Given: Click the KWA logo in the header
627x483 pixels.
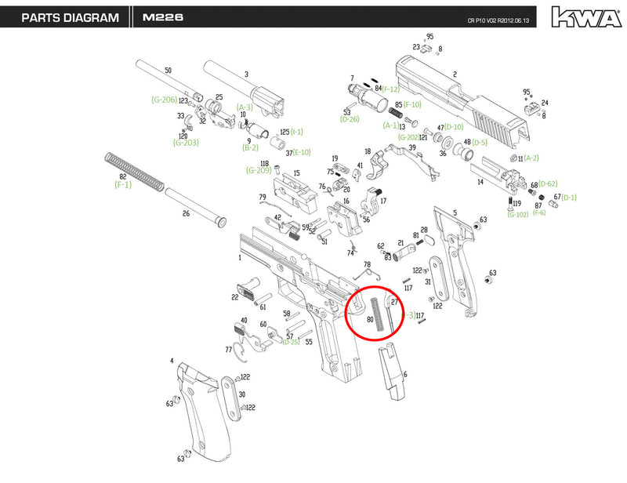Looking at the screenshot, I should coord(581,16).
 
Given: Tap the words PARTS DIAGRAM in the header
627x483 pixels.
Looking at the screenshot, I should coord(70,16).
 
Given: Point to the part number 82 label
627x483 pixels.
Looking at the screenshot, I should coord(122,178).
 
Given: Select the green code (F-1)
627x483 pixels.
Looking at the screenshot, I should coord(123,187).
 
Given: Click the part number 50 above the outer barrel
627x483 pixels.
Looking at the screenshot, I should coord(168,71).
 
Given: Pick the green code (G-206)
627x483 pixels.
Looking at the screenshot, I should coord(164,100).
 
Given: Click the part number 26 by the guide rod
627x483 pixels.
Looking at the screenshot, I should coord(186,214).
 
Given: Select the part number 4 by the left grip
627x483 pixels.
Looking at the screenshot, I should coord(171,361).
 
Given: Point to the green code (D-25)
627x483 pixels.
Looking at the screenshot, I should coord(292,343).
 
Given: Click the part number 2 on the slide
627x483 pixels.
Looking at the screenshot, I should coord(455,75).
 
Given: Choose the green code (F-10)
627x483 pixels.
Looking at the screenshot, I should coord(413,104).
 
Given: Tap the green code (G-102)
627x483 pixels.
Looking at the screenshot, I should coord(517,214).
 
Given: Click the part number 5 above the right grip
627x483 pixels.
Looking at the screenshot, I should coord(455,212).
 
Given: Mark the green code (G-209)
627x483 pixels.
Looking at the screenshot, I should coord(259,170).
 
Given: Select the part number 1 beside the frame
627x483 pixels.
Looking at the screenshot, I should coord(240,257).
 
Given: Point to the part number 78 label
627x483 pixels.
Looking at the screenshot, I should coord(367,264).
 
